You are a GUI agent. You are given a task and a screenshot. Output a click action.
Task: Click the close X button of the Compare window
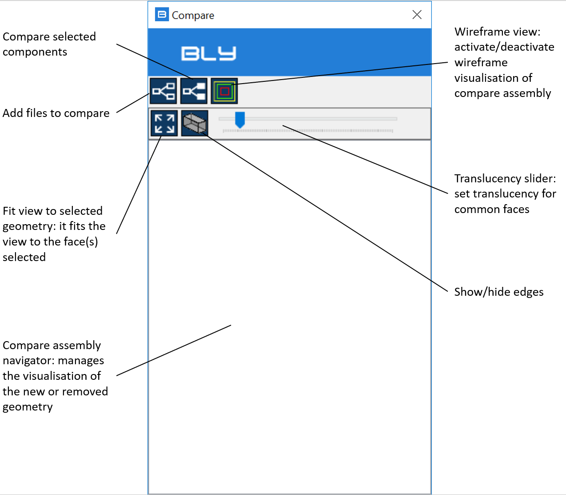[417, 15]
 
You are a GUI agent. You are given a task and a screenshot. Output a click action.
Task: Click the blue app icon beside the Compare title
[162, 14]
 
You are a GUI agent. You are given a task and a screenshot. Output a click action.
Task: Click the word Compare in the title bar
[193, 16]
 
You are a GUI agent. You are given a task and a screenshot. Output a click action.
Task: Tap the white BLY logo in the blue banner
[208, 53]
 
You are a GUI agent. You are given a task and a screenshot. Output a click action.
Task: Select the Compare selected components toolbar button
[194, 91]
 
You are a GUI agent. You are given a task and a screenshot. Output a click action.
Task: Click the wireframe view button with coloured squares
[224, 91]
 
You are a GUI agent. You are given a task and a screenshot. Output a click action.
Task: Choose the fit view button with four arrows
[164, 123]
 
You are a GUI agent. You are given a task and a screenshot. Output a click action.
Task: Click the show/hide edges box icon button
[195, 123]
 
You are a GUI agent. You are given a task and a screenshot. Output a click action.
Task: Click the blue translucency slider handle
[240, 120]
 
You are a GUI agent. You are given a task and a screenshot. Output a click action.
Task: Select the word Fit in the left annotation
[9, 211]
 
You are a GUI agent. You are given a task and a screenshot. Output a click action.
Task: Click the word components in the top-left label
[35, 52]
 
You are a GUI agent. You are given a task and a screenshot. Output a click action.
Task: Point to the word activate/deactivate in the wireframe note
[504, 47]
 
